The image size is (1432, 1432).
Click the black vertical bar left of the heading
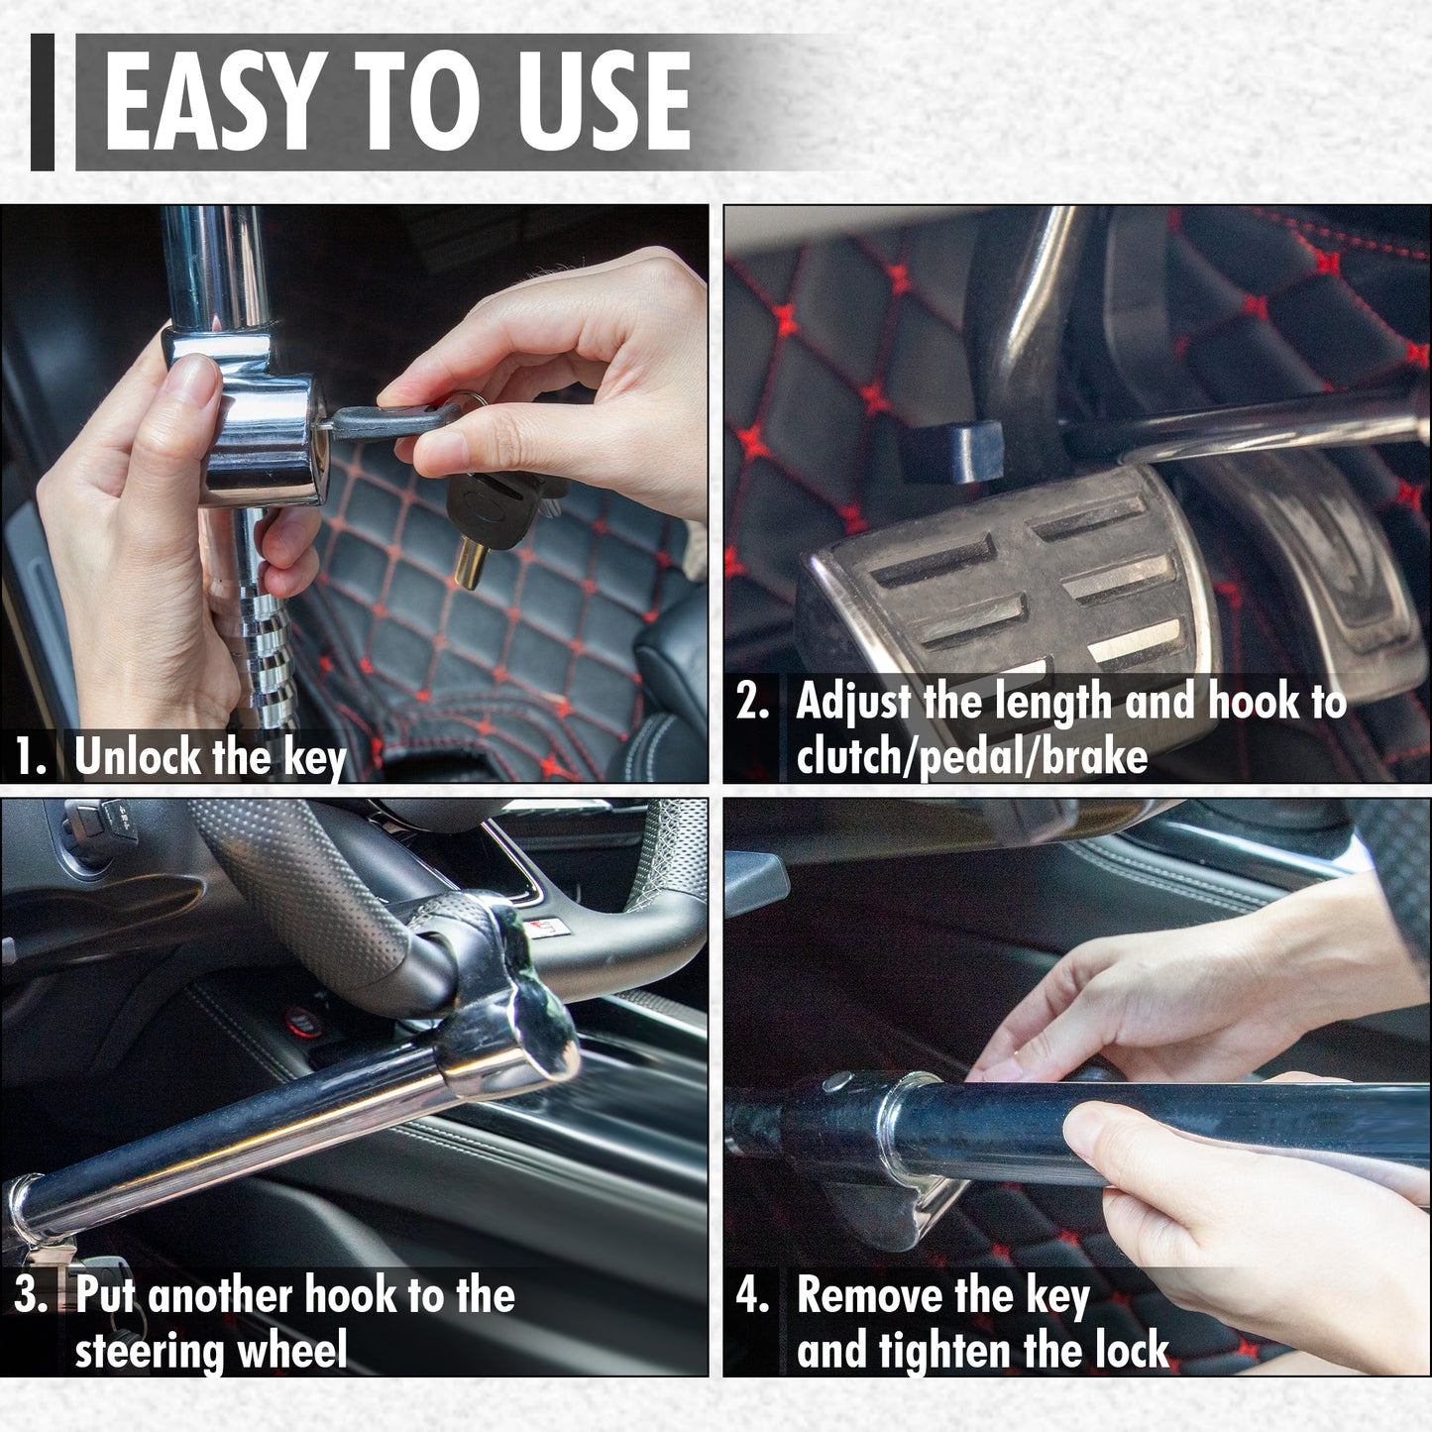pos(43,101)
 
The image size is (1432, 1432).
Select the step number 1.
pos(30,758)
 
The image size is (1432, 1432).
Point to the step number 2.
pos(753,702)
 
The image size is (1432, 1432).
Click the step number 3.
pos(30,1296)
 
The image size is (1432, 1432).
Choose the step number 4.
pos(753,1296)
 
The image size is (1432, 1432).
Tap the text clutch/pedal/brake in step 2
pos(971,758)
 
